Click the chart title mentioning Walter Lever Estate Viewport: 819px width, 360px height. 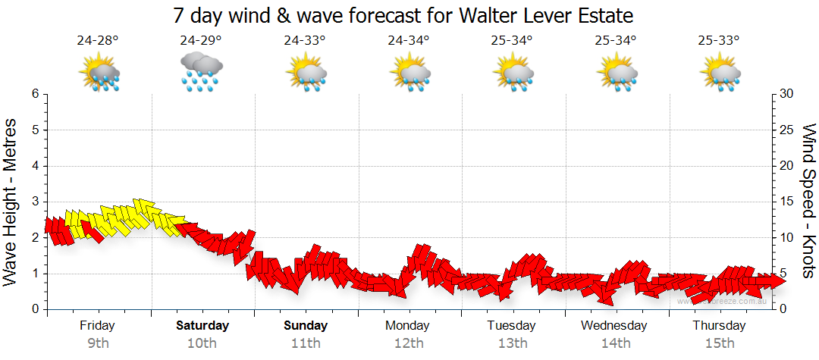(403, 15)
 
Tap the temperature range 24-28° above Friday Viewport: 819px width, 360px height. (98, 41)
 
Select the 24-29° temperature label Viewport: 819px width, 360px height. (201, 41)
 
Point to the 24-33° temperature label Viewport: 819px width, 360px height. (305, 41)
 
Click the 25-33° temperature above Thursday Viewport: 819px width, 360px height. (720, 41)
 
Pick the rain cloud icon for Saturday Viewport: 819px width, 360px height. (202, 72)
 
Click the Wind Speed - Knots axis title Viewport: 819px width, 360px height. (808, 202)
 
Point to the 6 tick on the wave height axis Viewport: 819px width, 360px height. (35, 94)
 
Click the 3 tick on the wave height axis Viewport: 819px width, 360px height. (35, 202)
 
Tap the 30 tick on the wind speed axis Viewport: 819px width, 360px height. (787, 94)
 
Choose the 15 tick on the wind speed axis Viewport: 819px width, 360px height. (787, 202)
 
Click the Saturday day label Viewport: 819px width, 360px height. (202, 326)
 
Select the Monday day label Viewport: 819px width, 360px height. (408, 326)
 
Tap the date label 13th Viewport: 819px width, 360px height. (513, 343)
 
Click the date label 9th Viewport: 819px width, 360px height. (98, 343)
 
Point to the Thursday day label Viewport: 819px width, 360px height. (719, 326)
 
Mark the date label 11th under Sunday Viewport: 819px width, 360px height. (306, 343)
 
